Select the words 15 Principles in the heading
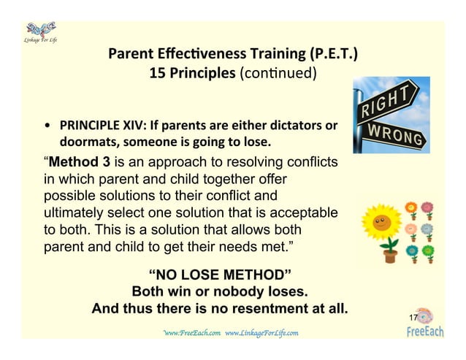192,73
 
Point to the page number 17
413,318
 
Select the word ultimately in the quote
75,212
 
